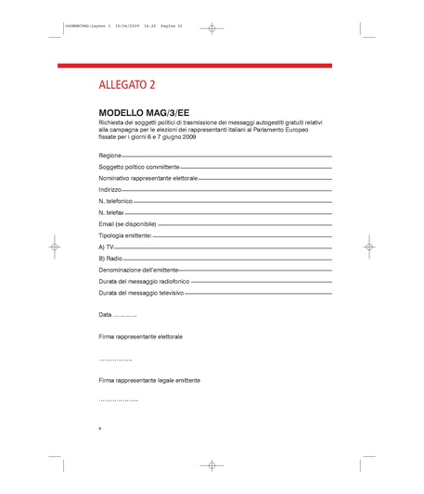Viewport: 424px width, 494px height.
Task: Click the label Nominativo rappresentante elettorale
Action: [148, 177]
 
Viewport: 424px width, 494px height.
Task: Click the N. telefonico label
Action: [115, 200]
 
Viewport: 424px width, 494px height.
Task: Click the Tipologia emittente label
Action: [123, 235]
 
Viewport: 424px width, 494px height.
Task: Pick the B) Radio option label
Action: [109, 259]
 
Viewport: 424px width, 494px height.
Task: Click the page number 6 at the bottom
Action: [99, 428]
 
